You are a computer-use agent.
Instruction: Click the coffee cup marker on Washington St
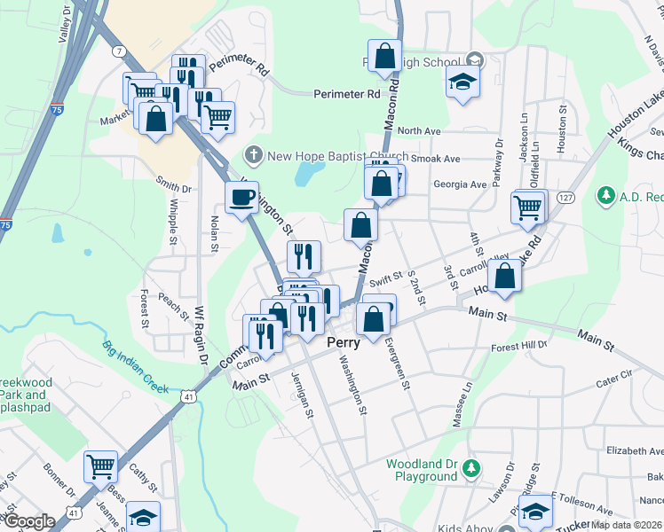[x=241, y=197]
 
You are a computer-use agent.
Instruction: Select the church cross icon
[x=253, y=156]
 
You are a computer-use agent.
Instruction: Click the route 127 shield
[x=565, y=197]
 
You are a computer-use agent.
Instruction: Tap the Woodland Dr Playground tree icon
[x=471, y=467]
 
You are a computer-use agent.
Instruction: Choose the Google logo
[x=28, y=522]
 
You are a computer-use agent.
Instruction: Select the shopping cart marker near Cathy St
[x=100, y=465]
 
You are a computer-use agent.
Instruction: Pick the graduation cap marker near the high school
[x=462, y=82]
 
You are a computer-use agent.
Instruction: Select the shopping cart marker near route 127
[x=527, y=207]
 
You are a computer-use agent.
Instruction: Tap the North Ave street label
[x=419, y=131]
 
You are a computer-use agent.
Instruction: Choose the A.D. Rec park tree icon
[x=606, y=194]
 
